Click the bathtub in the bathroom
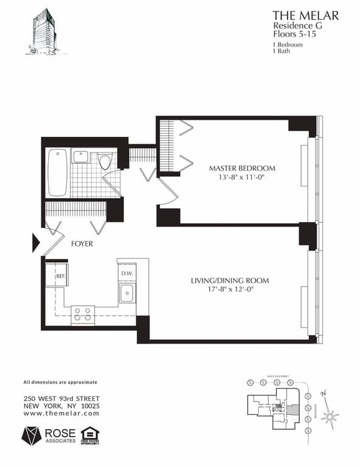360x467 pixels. (x=58, y=172)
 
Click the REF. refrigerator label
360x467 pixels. (x=60, y=277)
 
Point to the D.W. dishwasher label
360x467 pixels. (x=126, y=273)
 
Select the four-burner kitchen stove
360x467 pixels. (x=83, y=314)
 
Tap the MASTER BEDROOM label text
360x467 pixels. (x=242, y=168)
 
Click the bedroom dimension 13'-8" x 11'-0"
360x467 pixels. (x=242, y=178)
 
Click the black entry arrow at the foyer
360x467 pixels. (x=36, y=243)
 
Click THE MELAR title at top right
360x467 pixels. (x=305, y=15)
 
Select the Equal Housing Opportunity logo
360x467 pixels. (x=90, y=435)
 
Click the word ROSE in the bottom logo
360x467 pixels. (x=60, y=432)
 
